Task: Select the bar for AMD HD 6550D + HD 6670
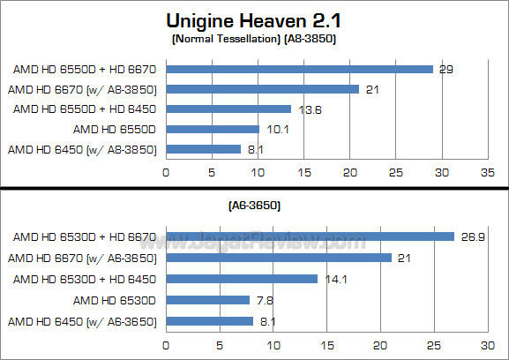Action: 299,69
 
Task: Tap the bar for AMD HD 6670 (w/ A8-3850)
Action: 262,88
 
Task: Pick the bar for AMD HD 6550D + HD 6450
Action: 228,109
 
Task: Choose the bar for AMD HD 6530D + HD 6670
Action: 310,236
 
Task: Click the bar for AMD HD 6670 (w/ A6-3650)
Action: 279,258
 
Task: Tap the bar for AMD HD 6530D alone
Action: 207,300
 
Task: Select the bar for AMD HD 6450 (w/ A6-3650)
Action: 209,321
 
